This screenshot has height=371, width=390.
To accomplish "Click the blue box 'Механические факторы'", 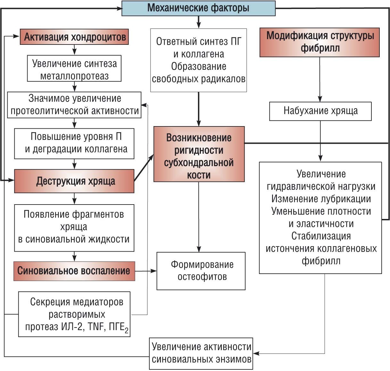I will [x=198, y=8].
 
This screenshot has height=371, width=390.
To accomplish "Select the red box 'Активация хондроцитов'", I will [x=74, y=37].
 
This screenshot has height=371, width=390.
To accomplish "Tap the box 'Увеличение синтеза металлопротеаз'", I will [x=74, y=69].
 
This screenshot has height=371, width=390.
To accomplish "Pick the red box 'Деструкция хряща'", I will [x=74, y=181].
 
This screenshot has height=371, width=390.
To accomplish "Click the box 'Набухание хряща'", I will [x=320, y=111].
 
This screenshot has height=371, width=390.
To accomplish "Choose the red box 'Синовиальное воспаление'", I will [x=74, y=271].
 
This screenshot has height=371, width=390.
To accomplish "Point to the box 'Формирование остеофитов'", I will [x=201, y=271].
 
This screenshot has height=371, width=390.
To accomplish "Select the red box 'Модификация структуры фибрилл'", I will [x=319, y=42].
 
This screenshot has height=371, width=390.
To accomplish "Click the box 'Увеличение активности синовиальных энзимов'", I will [x=201, y=353].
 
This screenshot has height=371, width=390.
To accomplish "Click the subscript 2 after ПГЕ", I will [x=127, y=331].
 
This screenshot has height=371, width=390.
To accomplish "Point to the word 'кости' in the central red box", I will [x=199, y=175].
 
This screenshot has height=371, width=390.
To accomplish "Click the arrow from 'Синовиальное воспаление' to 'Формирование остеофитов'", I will [x=146, y=271].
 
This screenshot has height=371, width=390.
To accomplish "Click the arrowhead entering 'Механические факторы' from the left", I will [x=119, y=8].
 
